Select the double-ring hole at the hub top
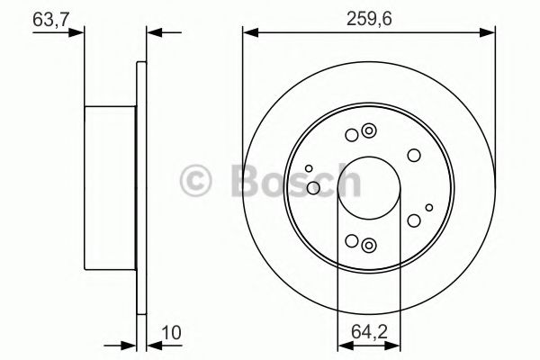[367, 133]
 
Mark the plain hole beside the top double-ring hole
[351, 136]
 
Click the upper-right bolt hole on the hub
[413, 155]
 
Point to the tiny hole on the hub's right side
[426, 209]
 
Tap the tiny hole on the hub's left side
[309, 168]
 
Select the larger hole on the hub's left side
[313, 187]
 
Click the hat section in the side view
[110, 189]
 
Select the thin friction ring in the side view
[140, 189]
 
